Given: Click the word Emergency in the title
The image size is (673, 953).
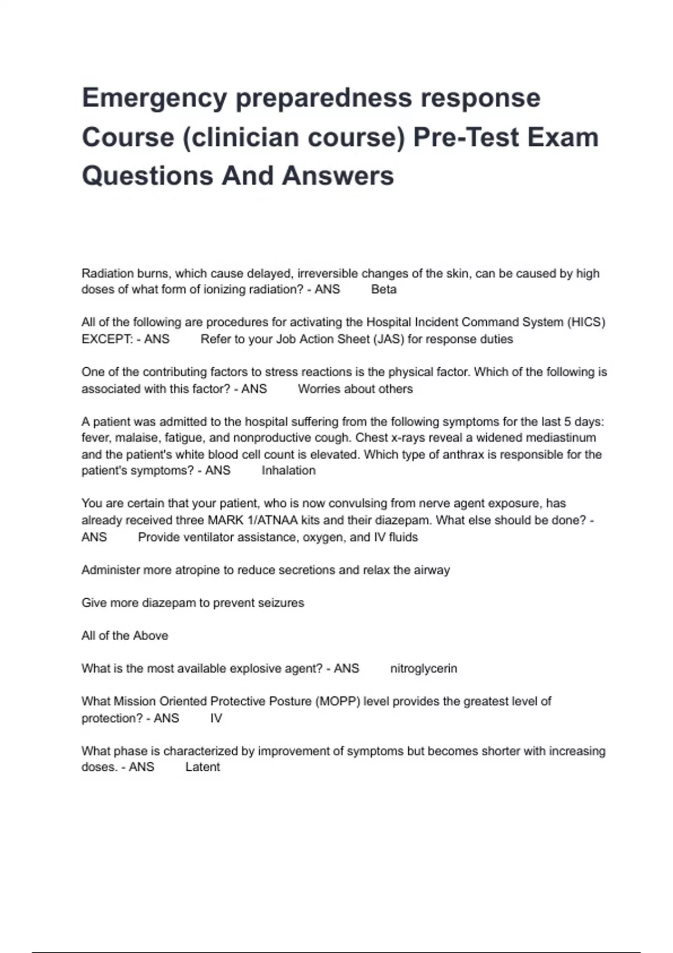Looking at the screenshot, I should click(x=154, y=99).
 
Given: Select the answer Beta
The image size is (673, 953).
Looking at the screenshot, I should click(x=384, y=290).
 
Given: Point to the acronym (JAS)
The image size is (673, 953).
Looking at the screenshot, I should click(x=388, y=339).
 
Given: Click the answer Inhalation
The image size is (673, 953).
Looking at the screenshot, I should click(x=288, y=471).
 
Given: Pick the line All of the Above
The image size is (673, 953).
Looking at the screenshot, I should click(x=125, y=636).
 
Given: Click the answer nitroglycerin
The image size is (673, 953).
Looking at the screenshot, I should click(x=423, y=669).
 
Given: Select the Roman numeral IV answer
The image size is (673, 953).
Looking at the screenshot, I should click(x=216, y=718).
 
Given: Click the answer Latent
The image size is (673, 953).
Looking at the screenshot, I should click(x=202, y=767).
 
